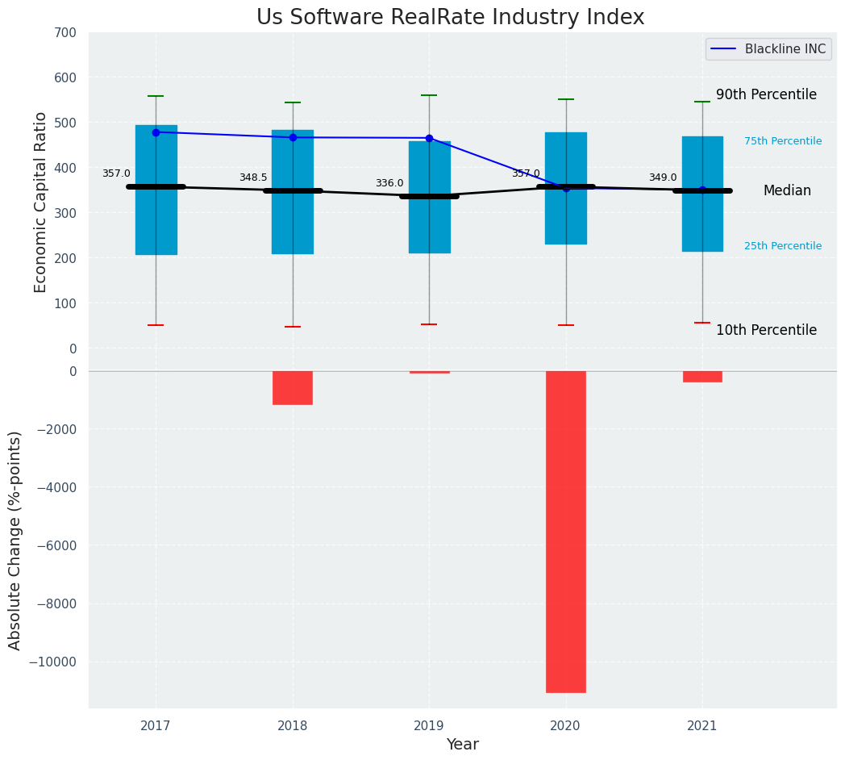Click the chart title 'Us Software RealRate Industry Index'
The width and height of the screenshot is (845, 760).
(450, 18)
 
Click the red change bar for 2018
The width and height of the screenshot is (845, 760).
(293, 387)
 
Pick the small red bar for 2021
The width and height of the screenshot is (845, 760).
(702, 377)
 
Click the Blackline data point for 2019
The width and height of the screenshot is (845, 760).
(429, 138)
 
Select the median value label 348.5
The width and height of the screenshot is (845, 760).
(253, 178)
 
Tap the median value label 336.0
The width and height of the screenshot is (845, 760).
(389, 184)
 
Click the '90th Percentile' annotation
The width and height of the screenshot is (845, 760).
(766, 94)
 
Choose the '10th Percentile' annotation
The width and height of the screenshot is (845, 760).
(766, 330)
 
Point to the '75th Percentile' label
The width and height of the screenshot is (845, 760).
(783, 141)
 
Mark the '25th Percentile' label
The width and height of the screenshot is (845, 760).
(783, 246)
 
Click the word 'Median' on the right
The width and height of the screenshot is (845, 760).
(787, 191)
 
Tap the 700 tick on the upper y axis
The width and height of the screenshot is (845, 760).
(66, 33)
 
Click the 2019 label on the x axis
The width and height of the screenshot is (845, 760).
(429, 726)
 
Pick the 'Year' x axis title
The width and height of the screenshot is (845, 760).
(462, 745)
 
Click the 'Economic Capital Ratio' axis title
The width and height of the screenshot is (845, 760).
(41, 202)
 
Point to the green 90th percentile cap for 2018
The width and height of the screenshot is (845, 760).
(293, 102)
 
